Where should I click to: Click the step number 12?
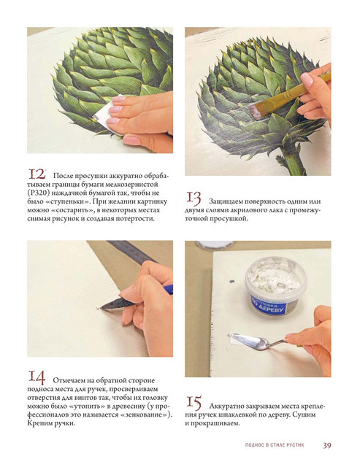click(x=37, y=174)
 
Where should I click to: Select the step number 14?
click(x=37, y=378)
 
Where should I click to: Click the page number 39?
click(x=327, y=445)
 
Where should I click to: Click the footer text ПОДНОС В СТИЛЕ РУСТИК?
click(x=275, y=445)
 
